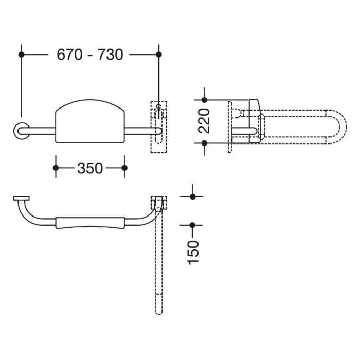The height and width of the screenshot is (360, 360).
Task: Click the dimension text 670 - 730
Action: coord(90,54)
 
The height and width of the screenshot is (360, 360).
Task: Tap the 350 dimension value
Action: coord(90,168)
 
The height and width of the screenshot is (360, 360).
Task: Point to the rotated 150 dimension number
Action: coord(193,252)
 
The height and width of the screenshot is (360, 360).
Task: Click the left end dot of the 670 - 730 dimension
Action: coord(22,53)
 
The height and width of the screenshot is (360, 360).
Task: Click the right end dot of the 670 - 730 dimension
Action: coord(158,53)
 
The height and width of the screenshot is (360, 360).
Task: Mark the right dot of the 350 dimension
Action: coord(124,168)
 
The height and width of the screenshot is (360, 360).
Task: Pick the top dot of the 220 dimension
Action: coord(204,100)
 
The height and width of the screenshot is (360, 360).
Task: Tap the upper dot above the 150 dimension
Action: coord(193,196)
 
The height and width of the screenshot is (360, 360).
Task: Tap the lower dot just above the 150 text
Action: coord(193,225)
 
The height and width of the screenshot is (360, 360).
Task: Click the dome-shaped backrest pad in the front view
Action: coord(90,121)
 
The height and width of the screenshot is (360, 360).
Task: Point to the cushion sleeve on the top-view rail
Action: coord(90,223)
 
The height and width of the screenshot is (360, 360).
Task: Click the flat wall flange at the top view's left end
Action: coord(22,199)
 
